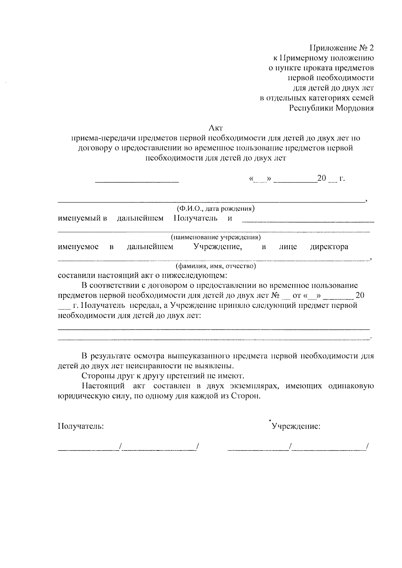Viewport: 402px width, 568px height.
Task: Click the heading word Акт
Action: [216, 128]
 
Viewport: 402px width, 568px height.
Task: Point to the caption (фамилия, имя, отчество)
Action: [216, 266]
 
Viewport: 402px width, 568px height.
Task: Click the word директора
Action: [329, 247]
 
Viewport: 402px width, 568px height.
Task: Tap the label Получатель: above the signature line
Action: [81, 426]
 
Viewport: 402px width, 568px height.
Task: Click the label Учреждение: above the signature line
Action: [296, 426]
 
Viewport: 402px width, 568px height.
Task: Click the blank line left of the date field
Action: [137, 181]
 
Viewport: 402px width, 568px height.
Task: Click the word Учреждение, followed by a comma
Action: [218, 247]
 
